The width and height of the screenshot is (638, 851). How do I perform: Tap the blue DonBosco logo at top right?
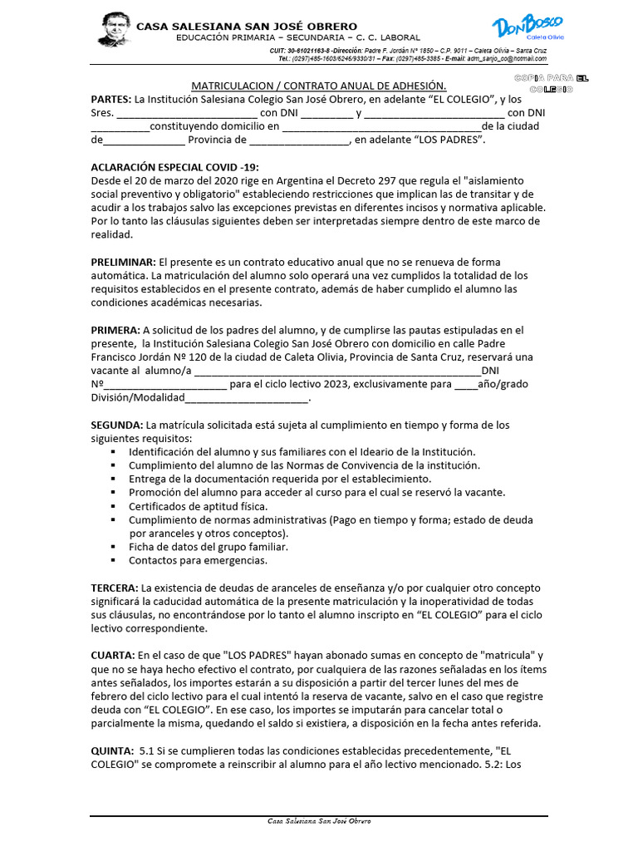528,29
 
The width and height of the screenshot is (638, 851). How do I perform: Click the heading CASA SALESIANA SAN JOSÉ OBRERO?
247,27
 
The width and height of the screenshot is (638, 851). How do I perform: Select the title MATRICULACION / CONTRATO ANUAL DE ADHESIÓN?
319,86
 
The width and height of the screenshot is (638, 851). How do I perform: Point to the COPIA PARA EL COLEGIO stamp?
552,82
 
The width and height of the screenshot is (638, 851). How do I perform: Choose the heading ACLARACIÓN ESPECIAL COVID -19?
174,167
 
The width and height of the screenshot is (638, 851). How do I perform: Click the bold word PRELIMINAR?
124,262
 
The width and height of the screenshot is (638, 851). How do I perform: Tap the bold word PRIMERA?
115,330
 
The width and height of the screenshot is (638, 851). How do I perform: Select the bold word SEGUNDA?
117,425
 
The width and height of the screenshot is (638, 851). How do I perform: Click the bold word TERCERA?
115,588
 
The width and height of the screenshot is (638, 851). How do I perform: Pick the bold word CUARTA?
113,656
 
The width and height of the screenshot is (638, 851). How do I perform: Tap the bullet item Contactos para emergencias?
198,560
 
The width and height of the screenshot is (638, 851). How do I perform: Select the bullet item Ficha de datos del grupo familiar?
209,547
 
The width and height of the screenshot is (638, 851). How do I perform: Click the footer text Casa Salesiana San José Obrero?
319,821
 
